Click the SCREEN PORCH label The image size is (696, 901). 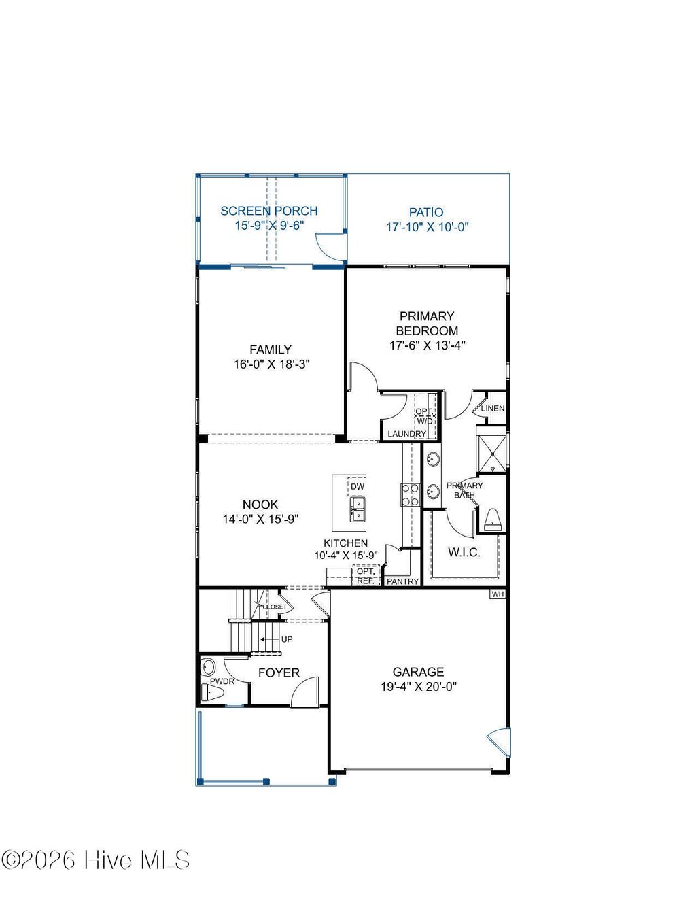click(268, 211)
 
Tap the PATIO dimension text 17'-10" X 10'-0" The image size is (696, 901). click(428, 227)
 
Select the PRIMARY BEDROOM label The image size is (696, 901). click(427, 323)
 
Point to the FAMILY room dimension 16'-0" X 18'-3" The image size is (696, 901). click(271, 364)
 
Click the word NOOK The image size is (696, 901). click(260, 505)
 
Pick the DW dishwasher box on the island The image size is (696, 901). click(357, 487)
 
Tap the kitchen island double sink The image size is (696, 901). click(358, 509)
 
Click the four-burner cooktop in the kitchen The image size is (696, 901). click(411, 494)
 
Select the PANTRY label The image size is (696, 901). click(402, 581)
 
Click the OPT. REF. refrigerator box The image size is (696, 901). click(365, 576)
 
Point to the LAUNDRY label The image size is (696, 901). click(406, 434)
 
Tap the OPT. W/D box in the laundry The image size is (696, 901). click(425, 416)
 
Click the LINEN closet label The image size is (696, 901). click(493, 409)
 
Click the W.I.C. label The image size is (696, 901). click(464, 552)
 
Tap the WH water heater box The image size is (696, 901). click(498, 594)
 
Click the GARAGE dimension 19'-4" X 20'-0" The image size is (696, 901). click(418, 687)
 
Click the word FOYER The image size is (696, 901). click(279, 673)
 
